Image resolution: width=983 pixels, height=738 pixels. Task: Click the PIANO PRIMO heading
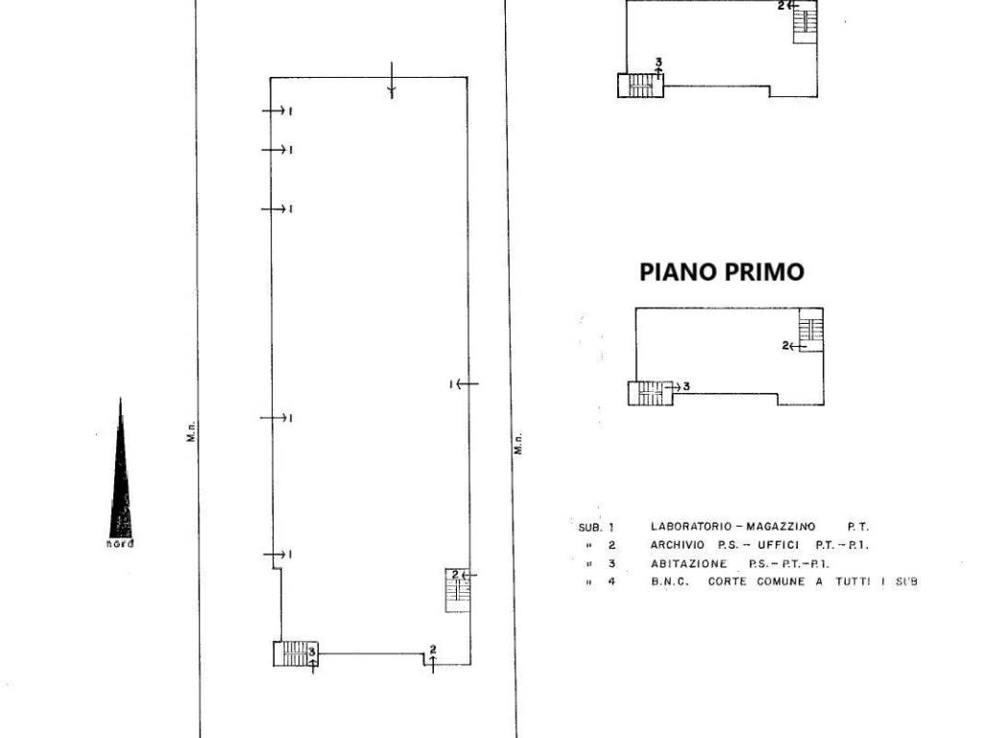click(x=721, y=272)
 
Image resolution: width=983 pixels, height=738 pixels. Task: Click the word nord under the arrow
click(x=120, y=544)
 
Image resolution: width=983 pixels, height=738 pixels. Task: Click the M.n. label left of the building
click(x=191, y=435)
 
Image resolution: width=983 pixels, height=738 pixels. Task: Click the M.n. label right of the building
click(x=517, y=444)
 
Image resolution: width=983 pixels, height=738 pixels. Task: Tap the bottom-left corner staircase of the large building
click(x=294, y=653)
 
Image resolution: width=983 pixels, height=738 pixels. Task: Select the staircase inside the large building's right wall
click(x=455, y=590)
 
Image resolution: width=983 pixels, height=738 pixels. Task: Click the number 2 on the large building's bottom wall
click(x=433, y=649)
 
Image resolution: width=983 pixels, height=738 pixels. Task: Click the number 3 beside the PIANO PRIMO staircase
click(x=686, y=385)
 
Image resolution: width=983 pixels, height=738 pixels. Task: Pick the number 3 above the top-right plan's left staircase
click(x=658, y=63)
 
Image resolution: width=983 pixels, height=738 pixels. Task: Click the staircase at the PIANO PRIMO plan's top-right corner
click(x=811, y=329)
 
